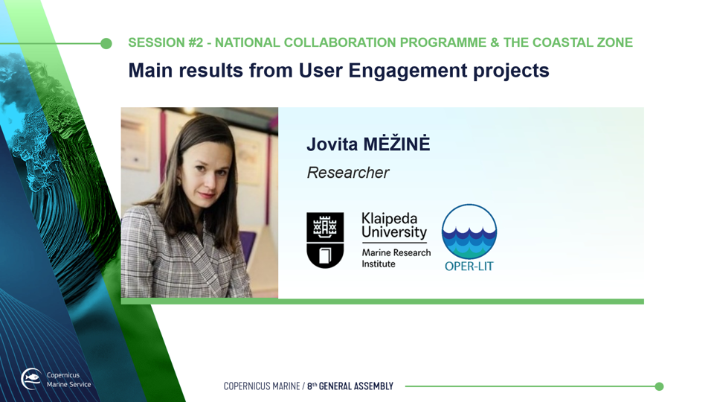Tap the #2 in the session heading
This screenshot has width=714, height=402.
tap(196, 42)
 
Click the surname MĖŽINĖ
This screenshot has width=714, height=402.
tap(396, 144)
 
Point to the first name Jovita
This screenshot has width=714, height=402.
tap(332, 144)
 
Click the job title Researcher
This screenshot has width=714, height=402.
tap(348, 173)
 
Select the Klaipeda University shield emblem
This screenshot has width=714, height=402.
tap(325, 240)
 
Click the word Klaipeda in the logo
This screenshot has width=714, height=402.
tap(389, 218)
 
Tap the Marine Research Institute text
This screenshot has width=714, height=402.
tap(396, 258)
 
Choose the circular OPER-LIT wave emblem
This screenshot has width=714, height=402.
tap(469, 232)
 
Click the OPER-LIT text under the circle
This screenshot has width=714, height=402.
tap(469, 267)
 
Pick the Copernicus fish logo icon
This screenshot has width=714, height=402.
tap(31, 379)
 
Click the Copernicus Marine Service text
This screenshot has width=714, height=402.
tap(68, 380)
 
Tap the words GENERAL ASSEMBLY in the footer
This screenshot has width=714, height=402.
tap(356, 386)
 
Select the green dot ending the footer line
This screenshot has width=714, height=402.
tap(659, 386)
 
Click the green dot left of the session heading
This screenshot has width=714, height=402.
tap(106, 43)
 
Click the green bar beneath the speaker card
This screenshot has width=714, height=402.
tap(382, 301)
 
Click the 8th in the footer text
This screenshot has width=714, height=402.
tap(312, 386)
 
